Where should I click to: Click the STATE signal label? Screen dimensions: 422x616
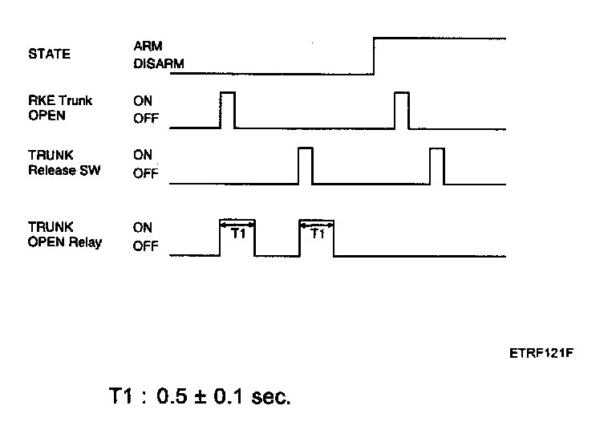(49, 55)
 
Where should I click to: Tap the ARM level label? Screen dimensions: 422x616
(148, 46)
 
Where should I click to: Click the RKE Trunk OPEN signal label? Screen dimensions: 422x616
(61, 108)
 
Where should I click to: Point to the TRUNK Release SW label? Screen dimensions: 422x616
(65, 163)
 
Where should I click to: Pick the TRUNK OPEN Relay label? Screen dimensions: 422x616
(65, 235)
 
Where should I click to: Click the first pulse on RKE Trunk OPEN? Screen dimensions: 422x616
(228, 110)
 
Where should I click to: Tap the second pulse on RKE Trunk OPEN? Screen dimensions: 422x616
(402, 110)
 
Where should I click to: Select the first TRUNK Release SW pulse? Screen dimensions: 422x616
(305, 165)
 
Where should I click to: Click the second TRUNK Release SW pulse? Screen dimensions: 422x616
(436, 165)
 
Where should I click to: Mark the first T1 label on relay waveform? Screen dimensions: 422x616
(237, 234)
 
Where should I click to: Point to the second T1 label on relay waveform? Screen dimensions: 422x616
(317, 234)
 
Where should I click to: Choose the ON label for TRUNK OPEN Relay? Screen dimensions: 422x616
(143, 228)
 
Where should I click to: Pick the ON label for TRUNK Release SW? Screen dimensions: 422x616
(143, 156)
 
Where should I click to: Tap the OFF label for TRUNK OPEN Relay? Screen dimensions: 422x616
(145, 247)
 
